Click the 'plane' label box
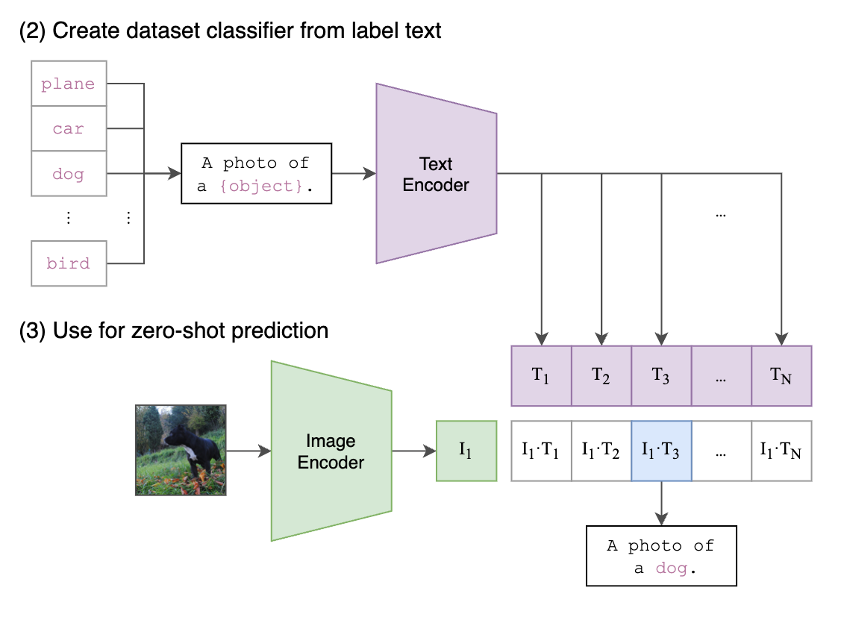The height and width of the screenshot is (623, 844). (x=69, y=84)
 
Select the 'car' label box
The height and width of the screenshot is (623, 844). (x=69, y=128)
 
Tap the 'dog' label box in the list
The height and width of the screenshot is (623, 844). (x=69, y=174)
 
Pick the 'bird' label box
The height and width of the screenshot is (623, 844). (x=69, y=263)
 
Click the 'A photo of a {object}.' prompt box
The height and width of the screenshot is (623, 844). (x=257, y=174)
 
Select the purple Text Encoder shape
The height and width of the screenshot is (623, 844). (x=436, y=174)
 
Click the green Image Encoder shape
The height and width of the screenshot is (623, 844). (x=331, y=451)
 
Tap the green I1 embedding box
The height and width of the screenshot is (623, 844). (x=466, y=451)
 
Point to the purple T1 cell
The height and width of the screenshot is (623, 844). (x=541, y=375)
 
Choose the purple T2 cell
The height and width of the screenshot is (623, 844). (x=601, y=375)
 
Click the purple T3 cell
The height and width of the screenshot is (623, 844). (x=661, y=375)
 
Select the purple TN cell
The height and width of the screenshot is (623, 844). (x=781, y=375)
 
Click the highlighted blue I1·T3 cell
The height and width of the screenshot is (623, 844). (x=661, y=451)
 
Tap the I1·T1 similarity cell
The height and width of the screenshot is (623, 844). (x=541, y=451)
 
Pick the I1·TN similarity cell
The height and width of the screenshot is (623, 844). (x=781, y=451)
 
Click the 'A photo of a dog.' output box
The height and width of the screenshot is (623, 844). (x=661, y=556)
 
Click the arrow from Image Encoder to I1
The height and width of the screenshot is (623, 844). (x=413, y=451)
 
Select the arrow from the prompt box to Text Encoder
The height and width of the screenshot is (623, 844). (x=354, y=174)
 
